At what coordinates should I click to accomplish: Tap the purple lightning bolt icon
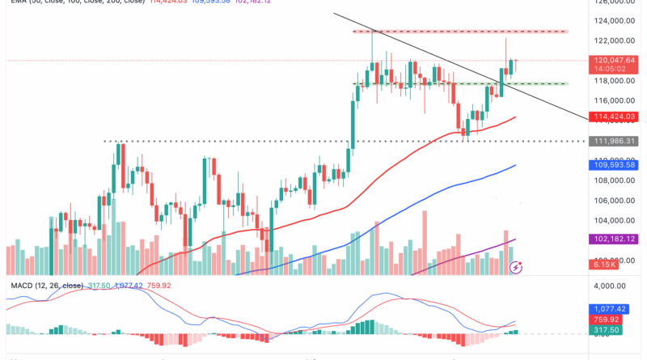tap(517, 265)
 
